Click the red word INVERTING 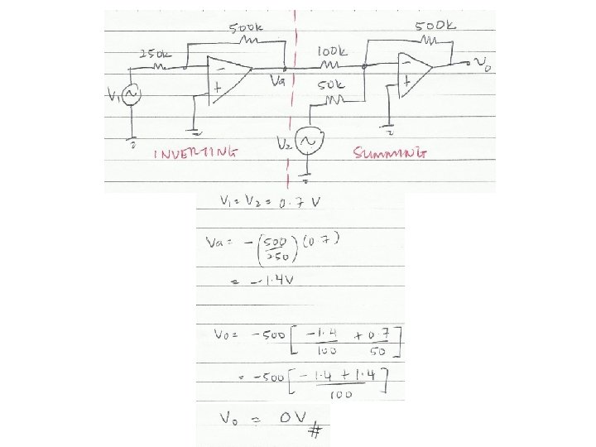click(x=197, y=153)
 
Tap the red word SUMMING click(x=392, y=153)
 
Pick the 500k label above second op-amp click(x=433, y=25)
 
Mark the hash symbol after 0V click(x=314, y=431)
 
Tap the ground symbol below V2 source click(x=307, y=179)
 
